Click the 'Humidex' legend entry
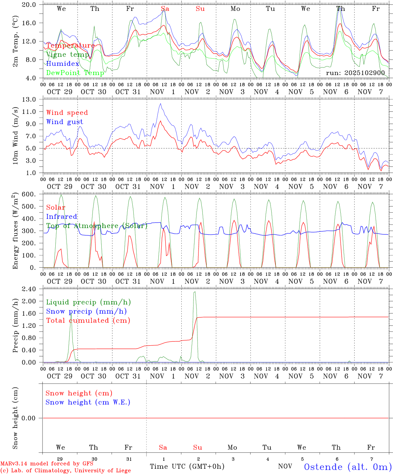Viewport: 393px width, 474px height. pyautogui.click(x=63, y=64)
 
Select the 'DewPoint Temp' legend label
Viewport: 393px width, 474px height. pyautogui.click(x=75, y=73)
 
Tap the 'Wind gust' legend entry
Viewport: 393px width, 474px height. pyautogui.click(x=65, y=122)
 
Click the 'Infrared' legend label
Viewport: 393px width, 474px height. pyautogui.click(x=62, y=217)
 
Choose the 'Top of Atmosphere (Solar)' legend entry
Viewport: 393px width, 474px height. pyautogui.click(x=96, y=226)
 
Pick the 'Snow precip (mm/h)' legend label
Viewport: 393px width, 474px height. pyautogui.click(x=86, y=311)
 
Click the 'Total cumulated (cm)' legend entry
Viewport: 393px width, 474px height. pyautogui.click(x=88, y=321)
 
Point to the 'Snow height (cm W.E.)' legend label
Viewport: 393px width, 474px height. pyautogui.click(x=88, y=402)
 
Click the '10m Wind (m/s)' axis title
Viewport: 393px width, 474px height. pyautogui.click(x=15, y=136)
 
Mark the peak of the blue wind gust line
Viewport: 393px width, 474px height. pyautogui.click(x=160, y=104)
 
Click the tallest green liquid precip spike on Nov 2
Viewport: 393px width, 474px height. pyautogui.click(x=195, y=292)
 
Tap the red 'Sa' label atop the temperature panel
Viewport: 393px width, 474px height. pyautogui.click(x=165, y=9)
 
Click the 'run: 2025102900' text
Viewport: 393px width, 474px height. pyautogui.click(x=355, y=73)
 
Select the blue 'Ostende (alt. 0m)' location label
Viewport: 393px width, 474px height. pyautogui.click(x=348, y=467)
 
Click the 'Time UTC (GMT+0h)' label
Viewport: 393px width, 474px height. pyautogui.click(x=187, y=466)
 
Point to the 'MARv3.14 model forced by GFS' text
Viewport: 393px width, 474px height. pyautogui.click(x=46, y=463)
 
